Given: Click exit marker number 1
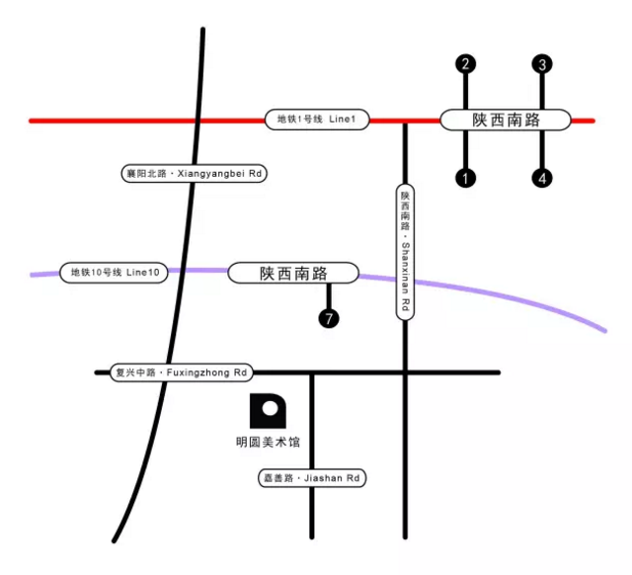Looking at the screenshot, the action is point(465,178).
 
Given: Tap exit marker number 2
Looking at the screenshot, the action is point(465,63).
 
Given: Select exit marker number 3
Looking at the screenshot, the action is point(542,64).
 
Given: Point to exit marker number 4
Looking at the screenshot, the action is point(542,178).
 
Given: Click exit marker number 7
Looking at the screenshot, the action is point(329,318).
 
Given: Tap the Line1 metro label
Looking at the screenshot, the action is point(317,120).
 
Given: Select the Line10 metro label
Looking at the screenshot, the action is point(114,273).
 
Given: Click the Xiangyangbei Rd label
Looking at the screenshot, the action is point(195,174).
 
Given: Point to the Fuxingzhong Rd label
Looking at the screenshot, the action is point(182,372).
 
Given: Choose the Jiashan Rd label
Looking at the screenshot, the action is point(312,478).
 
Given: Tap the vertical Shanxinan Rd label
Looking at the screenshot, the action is point(405,252).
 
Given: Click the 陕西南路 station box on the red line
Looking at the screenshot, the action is point(506,121).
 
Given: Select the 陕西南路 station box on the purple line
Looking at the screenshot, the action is point(293,274).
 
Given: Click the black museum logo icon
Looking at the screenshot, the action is point(268,411).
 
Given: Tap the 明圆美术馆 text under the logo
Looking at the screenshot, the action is point(268,443).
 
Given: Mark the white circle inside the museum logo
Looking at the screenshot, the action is point(270,408).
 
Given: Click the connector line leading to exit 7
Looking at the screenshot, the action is point(329,296).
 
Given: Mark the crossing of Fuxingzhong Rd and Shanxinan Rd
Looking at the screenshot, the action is point(405,372).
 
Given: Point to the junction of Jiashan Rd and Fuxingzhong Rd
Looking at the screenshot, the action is point(312,372).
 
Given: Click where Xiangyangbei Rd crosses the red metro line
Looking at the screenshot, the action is point(197,121).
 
